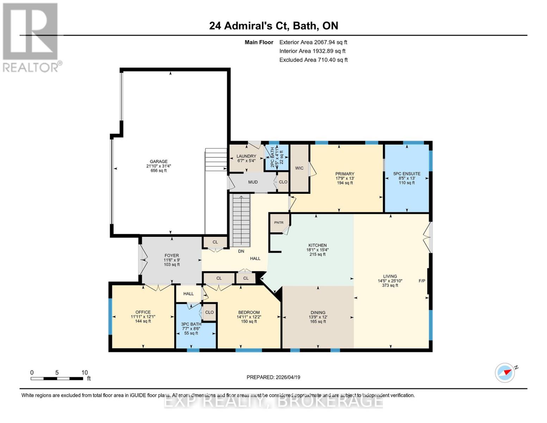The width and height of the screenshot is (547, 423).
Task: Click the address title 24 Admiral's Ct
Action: (273, 26)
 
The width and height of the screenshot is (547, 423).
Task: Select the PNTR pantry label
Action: (279, 223)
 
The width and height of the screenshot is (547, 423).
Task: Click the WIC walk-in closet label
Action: (299, 168)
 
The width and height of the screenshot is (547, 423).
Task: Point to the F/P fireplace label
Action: (422, 281)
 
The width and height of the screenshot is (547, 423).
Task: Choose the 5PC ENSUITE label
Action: (406, 174)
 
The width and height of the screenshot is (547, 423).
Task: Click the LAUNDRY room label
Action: (246, 156)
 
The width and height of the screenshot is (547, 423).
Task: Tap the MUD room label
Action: (253, 182)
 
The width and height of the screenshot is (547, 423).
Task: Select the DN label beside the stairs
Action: (241, 251)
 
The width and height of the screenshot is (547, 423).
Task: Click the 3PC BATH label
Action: (191, 324)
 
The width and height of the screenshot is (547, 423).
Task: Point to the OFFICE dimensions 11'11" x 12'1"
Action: (143, 317)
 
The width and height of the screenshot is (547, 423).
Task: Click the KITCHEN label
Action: (317, 245)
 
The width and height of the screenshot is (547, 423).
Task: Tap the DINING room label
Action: (318, 313)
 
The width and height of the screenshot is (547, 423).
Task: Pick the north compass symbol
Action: (505, 373)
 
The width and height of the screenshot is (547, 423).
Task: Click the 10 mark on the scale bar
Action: (85, 373)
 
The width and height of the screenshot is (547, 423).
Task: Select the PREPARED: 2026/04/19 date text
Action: (273, 377)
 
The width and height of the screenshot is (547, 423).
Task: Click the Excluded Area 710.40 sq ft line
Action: (313, 60)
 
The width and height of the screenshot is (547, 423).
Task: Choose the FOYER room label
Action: (172, 256)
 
